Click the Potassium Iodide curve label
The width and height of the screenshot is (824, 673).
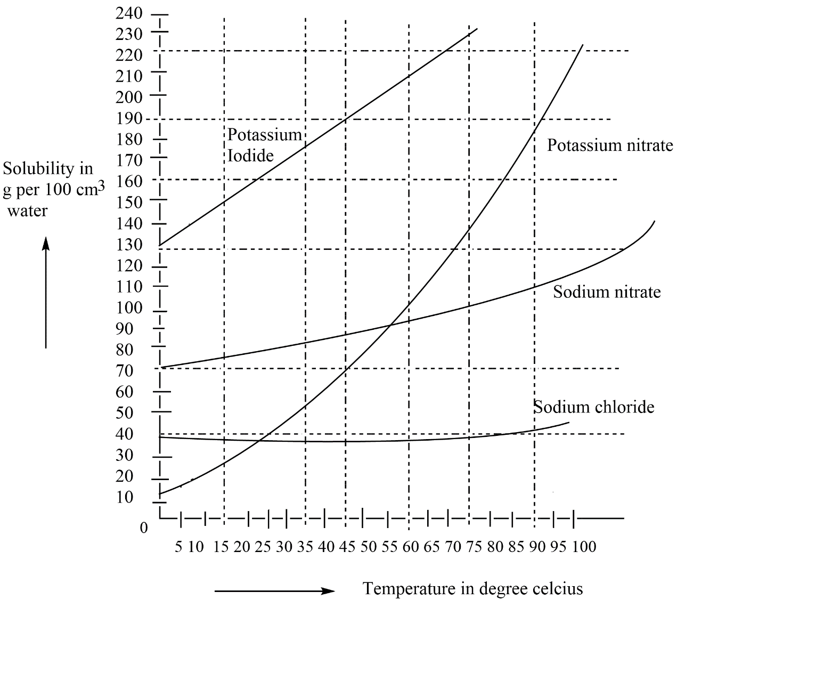click(x=264, y=144)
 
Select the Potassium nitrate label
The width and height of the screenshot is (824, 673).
click(x=610, y=145)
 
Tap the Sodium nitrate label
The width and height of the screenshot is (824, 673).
click(x=607, y=292)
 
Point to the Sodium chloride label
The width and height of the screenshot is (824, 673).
click(x=594, y=407)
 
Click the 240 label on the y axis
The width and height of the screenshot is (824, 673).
click(x=129, y=13)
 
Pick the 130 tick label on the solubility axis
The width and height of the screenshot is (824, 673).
click(x=129, y=245)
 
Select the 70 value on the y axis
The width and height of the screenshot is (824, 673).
click(x=124, y=371)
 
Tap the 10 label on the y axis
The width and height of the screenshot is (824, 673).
click(x=124, y=497)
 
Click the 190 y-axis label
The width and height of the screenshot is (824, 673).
click(x=129, y=118)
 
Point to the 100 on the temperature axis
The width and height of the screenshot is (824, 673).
click(x=584, y=547)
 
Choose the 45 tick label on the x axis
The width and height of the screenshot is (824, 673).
click(x=347, y=547)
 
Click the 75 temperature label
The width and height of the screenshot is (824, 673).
click(x=474, y=547)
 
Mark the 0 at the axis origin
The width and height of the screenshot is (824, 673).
click(x=143, y=528)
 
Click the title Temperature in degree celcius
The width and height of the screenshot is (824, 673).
click(x=472, y=589)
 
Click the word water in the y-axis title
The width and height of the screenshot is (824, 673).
click(x=27, y=211)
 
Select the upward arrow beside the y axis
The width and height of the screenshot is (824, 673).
click(x=46, y=293)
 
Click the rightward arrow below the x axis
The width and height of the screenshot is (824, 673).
click(x=274, y=591)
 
